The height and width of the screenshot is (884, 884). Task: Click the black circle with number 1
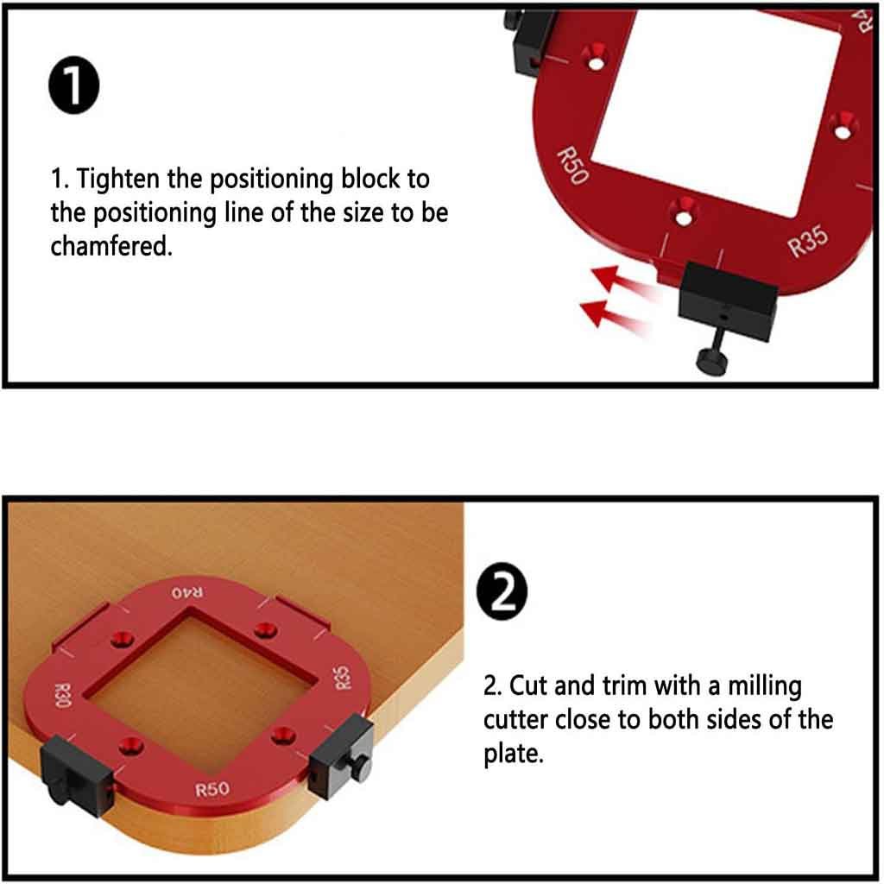tap(74, 85)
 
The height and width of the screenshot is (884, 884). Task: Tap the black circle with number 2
tap(502, 591)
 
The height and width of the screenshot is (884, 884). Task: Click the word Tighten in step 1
tap(117, 180)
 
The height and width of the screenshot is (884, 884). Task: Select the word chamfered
tap(111, 246)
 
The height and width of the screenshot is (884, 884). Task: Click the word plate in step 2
tap(513, 755)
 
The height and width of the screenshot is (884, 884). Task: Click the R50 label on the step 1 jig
tap(573, 166)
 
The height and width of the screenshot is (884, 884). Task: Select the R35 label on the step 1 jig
tap(808, 241)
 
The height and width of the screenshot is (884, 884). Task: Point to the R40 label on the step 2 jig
tap(187, 592)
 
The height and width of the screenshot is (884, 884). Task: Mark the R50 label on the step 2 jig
tap(212, 789)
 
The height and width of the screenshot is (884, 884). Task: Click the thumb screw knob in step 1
tap(713, 359)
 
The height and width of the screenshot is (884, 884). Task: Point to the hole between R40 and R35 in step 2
tap(266, 629)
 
